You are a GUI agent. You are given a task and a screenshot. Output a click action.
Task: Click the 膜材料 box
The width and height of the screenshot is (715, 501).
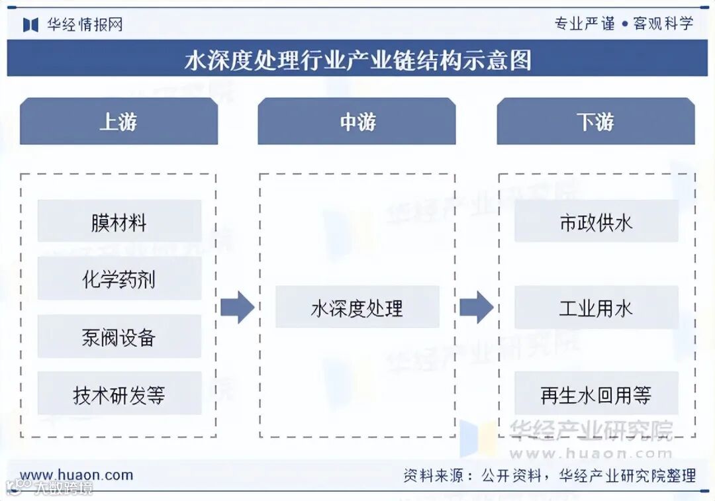tap(119, 222)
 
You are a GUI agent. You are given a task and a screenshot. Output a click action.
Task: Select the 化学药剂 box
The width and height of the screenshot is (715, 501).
tap(119, 279)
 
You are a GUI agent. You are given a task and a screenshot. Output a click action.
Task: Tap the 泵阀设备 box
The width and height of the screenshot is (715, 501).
tap(119, 336)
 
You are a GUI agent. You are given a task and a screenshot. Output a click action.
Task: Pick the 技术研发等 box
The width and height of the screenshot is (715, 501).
tap(119, 394)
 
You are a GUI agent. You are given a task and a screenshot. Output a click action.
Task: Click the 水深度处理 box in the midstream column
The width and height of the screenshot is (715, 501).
tap(357, 307)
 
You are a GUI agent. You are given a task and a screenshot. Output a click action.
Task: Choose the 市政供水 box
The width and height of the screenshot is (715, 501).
tap(596, 222)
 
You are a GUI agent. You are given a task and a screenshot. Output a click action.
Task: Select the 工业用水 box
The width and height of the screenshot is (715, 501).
tap(596, 307)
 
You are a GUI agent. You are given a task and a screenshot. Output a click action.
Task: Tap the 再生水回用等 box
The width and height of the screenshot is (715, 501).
tap(596, 394)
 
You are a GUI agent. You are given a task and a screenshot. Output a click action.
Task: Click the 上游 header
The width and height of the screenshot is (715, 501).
tap(119, 122)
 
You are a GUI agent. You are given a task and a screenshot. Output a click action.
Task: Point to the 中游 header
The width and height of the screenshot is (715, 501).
tap(357, 122)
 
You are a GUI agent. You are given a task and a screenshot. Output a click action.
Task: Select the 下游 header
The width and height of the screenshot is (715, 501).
tap(596, 122)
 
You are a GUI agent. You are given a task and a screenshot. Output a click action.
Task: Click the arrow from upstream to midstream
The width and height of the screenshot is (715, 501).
tap(237, 307)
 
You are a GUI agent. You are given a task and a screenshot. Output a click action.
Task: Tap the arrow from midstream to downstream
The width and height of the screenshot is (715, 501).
tap(476, 307)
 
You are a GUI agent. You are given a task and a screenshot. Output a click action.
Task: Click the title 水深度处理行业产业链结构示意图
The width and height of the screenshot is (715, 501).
tap(358, 60)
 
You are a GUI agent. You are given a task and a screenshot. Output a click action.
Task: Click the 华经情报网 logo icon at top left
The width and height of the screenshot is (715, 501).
tap(30, 24)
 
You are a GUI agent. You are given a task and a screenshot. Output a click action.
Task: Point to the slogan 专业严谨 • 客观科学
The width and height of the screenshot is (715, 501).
tap(624, 24)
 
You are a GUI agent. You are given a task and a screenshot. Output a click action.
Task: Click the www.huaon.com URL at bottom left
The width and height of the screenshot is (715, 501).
tap(76, 475)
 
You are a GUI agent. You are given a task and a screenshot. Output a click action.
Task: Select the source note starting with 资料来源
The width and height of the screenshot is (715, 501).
tap(549, 475)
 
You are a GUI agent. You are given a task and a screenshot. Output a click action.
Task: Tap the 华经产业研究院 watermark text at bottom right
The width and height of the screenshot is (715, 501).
tap(591, 430)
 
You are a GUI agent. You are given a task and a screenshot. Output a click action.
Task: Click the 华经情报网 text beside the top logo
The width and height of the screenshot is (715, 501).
tap(84, 24)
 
